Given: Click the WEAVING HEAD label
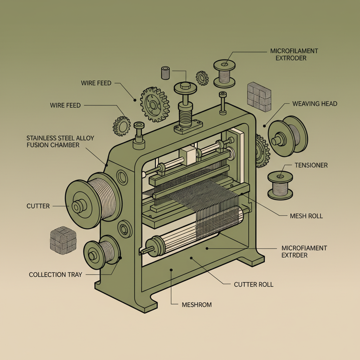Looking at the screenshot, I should tap(315, 104).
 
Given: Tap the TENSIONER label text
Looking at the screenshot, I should tap(311, 165).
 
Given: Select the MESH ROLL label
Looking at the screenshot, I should tap(306, 216).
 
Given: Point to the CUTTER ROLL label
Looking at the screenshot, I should tap(253, 284).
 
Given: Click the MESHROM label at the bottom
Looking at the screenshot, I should tap(197, 304).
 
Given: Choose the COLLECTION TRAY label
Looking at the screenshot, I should tap(55, 275).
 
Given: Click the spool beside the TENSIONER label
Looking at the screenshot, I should tap(280, 184).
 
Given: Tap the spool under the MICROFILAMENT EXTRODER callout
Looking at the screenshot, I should tap(224, 74).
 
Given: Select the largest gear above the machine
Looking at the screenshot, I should tap(155, 104).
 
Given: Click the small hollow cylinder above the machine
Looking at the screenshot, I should tap(166, 73).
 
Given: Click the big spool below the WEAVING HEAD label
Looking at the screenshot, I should tap(287, 136).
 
